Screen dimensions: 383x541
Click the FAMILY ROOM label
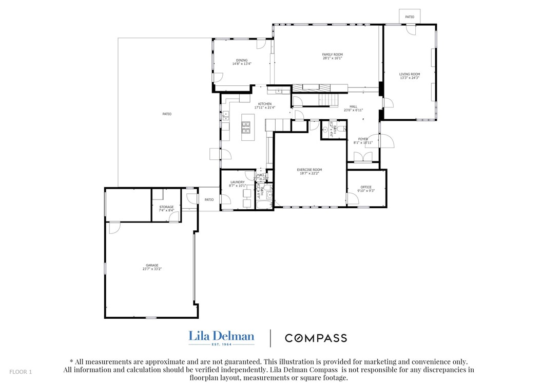(332, 54)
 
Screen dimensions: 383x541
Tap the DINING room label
(241, 61)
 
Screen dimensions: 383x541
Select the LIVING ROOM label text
(410, 75)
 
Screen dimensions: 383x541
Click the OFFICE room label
(365, 187)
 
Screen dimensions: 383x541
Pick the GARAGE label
(151, 265)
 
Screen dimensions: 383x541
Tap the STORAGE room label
(166, 207)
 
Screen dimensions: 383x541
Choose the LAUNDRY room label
(237, 182)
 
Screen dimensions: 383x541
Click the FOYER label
(363, 139)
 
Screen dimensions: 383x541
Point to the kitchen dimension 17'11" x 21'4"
(264, 107)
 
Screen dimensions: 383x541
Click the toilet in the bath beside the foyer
(342, 130)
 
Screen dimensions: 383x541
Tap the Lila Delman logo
(221, 337)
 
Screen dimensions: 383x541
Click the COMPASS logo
(316, 338)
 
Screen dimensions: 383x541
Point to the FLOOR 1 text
(21, 372)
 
